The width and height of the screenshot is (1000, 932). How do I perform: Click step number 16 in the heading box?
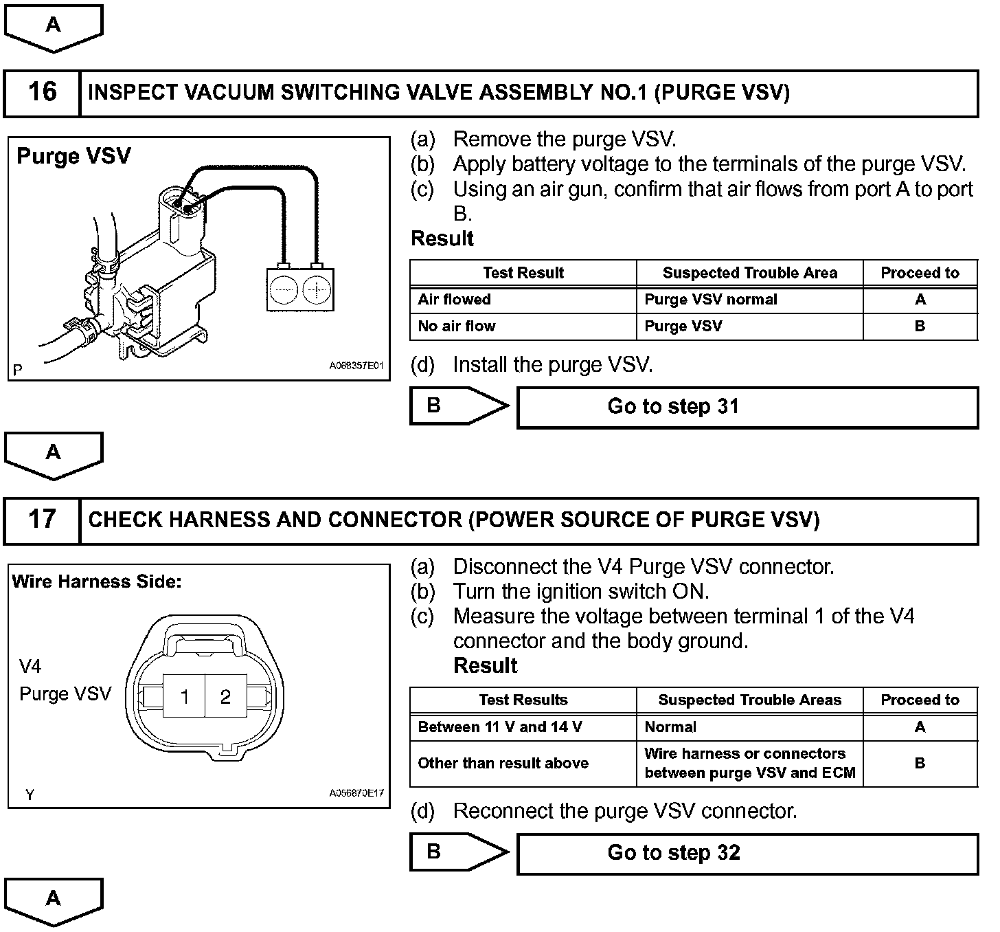tap(42, 92)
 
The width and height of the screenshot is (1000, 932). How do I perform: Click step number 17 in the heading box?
tap(42, 520)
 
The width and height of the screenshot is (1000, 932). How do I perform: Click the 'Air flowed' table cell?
tap(455, 300)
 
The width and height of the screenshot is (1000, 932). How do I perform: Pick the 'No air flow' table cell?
tap(457, 326)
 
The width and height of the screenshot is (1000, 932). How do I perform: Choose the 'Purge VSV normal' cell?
tap(711, 300)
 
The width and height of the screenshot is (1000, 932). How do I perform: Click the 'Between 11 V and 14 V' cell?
tap(500, 727)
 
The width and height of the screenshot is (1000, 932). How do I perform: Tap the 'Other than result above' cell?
tap(503, 763)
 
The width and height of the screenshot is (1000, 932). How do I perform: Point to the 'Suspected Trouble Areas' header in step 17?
tap(749, 700)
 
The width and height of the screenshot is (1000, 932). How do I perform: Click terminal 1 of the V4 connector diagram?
tap(184, 697)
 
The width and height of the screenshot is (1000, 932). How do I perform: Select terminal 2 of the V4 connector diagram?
tap(225, 697)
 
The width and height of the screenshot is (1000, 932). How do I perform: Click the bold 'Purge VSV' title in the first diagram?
tap(73, 156)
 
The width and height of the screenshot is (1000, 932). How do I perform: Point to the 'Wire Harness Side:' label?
tap(97, 582)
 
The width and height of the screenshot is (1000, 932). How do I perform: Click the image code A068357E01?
tap(356, 366)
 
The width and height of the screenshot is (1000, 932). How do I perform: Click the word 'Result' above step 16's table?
tap(442, 239)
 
